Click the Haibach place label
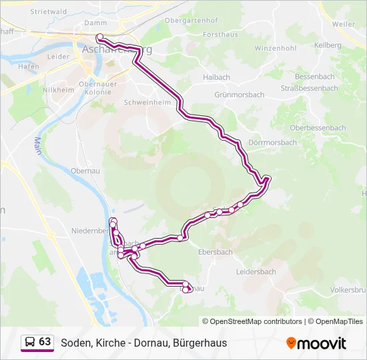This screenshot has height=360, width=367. pos(216,77)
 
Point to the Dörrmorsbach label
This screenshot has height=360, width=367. pos(272,143)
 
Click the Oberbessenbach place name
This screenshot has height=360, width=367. pos(318,128)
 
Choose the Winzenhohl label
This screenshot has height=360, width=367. pos(275,49)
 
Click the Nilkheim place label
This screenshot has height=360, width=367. pos(53,89)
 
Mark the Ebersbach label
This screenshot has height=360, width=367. pos(216,252)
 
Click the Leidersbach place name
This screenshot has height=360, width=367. pos(257,271)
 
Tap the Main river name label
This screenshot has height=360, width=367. pos(37,145)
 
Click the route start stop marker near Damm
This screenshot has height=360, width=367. pos(99,37)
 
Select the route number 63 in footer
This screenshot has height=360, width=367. pos(45,342)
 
